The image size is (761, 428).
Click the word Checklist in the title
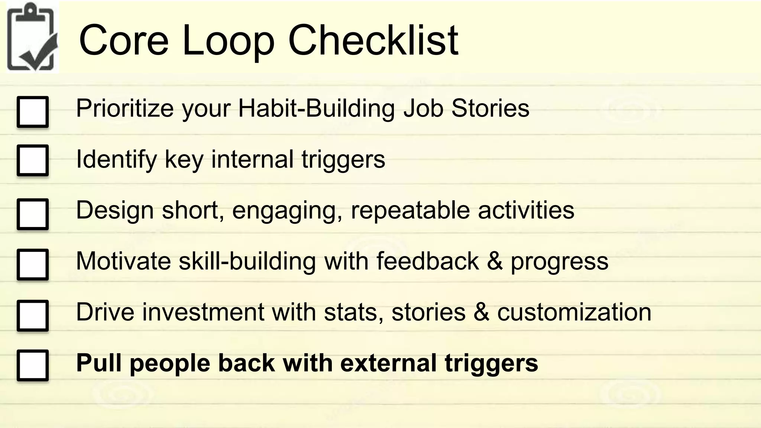click(373, 40)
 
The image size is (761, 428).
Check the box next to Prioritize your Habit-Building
click(33, 112)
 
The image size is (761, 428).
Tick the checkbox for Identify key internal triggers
click(33, 160)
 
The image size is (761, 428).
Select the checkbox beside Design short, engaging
click(33, 214)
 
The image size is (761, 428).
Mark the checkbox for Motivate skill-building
click(33, 264)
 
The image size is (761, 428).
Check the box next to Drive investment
click(33, 315)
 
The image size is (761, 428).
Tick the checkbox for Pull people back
click(33, 365)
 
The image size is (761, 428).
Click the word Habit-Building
click(316, 108)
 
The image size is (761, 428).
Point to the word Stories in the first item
click(490, 108)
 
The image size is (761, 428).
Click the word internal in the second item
click(252, 159)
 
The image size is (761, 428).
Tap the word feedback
click(427, 261)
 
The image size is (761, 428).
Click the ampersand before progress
click(495, 261)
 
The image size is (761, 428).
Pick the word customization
click(574, 312)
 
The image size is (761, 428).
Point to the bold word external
click(388, 363)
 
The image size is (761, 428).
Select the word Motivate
click(123, 261)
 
